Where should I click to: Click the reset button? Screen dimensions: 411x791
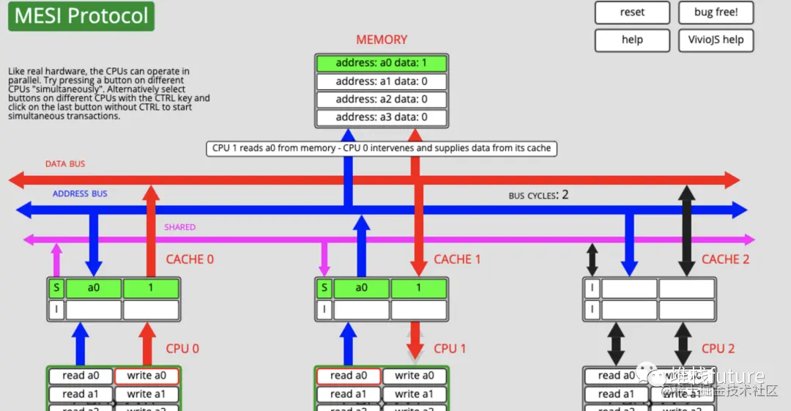point(632,12)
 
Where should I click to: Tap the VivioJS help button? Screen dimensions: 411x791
point(716,40)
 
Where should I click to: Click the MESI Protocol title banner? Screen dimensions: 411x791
point(81,16)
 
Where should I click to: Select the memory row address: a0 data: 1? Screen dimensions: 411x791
point(381,63)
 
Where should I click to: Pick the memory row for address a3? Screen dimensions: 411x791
point(381,117)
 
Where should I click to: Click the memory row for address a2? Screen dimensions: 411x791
point(381,99)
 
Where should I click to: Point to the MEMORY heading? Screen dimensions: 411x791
point(382,40)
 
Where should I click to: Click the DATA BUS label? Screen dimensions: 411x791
point(65,164)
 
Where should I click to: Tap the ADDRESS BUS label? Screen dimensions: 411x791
point(80,193)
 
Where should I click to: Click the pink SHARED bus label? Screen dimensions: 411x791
point(179,227)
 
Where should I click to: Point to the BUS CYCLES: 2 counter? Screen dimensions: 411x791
point(538,196)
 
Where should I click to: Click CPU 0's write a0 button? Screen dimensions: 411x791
point(146,376)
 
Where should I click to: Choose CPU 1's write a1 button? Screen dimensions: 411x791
point(414,394)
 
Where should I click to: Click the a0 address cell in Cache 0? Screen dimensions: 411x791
point(94,288)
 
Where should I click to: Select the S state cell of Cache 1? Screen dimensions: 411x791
point(324,288)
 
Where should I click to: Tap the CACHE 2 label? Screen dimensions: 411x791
point(725,259)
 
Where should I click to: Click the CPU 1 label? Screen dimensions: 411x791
point(450,349)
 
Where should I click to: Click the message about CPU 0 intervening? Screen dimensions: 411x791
point(381,148)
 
